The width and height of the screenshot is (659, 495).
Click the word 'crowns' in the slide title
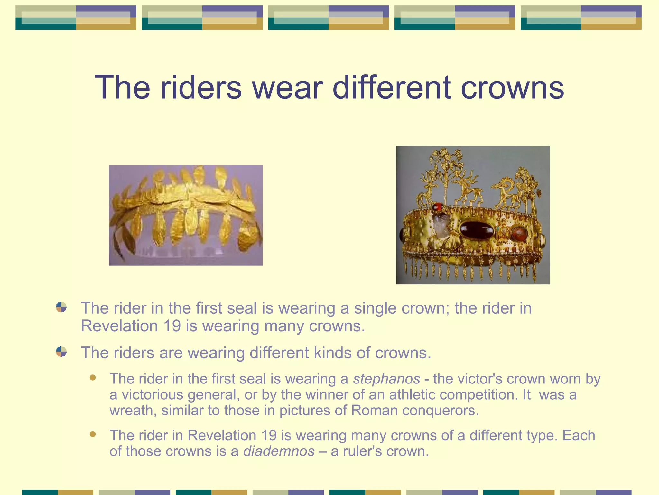pyautogui.click(x=512, y=88)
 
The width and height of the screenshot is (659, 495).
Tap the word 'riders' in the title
pyautogui.click(x=201, y=88)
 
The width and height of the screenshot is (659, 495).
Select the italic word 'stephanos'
pyautogui.click(x=386, y=379)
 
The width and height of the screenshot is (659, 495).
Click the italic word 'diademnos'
pyautogui.click(x=279, y=451)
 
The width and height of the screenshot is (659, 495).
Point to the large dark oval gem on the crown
pyautogui.click(x=477, y=231)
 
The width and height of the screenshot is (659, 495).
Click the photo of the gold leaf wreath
pyautogui.click(x=186, y=215)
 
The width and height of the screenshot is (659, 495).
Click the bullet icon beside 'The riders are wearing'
pyautogui.click(x=61, y=352)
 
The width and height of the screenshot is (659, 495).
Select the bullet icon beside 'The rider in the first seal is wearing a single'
pyautogui.click(x=61, y=307)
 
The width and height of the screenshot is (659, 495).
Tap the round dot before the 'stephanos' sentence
pyautogui.click(x=93, y=378)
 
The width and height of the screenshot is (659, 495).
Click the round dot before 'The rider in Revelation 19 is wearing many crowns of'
pyautogui.click(x=93, y=434)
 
